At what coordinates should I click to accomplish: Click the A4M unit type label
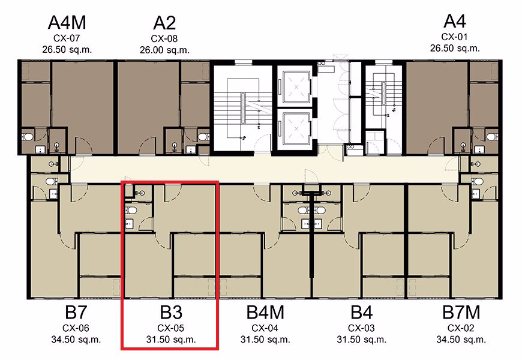pyautogui.click(x=67, y=23)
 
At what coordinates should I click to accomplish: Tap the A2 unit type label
pyautogui.click(x=164, y=23)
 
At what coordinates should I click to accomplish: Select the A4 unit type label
pyautogui.click(x=455, y=22)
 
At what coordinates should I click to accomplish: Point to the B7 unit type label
pyautogui.click(x=76, y=313)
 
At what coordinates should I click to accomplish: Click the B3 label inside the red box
pyautogui.click(x=171, y=313)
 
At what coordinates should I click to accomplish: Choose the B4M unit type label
pyautogui.click(x=265, y=313)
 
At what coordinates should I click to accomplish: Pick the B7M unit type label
pyautogui.click(x=461, y=313)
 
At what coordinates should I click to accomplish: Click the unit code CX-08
pyautogui.click(x=164, y=39)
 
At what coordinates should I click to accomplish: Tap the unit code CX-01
pyautogui.click(x=455, y=37)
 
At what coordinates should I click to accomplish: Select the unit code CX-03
pyautogui.click(x=361, y=328)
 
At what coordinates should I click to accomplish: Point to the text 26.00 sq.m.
pyautogui.click(x=164, y=50)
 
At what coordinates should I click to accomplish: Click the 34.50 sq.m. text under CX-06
pyautogui.click(x=76, y=340)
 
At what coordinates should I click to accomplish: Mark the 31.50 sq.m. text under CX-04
pyautogui.click(x=265, y=340)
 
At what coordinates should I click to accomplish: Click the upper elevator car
pyautogui.click(x=296, y=87)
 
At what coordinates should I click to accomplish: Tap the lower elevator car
pyautogui.click(x=296, y=128)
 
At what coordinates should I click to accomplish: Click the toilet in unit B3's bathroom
pyautogui.click(x=131, y=210)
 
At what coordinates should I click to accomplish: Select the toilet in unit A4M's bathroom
pyautogui.click(x=28, y=137)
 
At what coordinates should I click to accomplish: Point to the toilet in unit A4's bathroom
pyautogui.click(x=492, y=137)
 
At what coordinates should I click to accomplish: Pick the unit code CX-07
pyautogui.click(x=67, y=38)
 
